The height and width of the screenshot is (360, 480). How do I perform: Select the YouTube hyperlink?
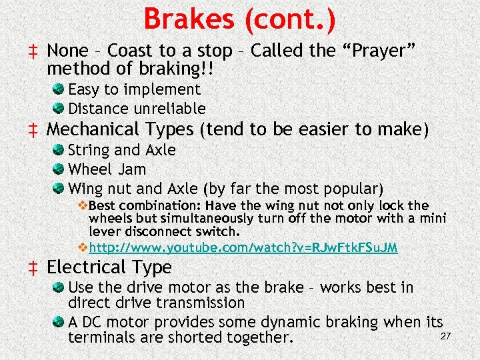pyautogui.click(x=243, y=247)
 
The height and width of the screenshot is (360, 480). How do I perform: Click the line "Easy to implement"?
pyautogui.click(x=134, y=89)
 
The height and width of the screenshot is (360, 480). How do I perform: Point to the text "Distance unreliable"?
pyautogui.click(x=137, y=108)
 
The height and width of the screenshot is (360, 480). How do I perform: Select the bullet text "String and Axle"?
pyautogui.click(x=122, y=151)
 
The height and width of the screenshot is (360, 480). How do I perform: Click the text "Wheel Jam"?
pyautogui.click(x=107, y=169)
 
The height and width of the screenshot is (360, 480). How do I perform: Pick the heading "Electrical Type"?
pyautogui.click(x=109, y=267)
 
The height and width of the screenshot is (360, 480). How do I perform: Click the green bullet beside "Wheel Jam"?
pyautogui.click(x=59, y=169)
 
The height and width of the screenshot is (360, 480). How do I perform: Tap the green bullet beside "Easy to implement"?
pyautogui.click(x=59, y=89)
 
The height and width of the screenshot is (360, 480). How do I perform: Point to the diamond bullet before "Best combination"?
pyautogui.click(x=83, y=205)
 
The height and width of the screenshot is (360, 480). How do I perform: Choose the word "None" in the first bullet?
pyautogui.click(x=68, y=51)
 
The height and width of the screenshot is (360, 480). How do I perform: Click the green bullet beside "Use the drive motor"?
pyautogui.click(x=59, y=288)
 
